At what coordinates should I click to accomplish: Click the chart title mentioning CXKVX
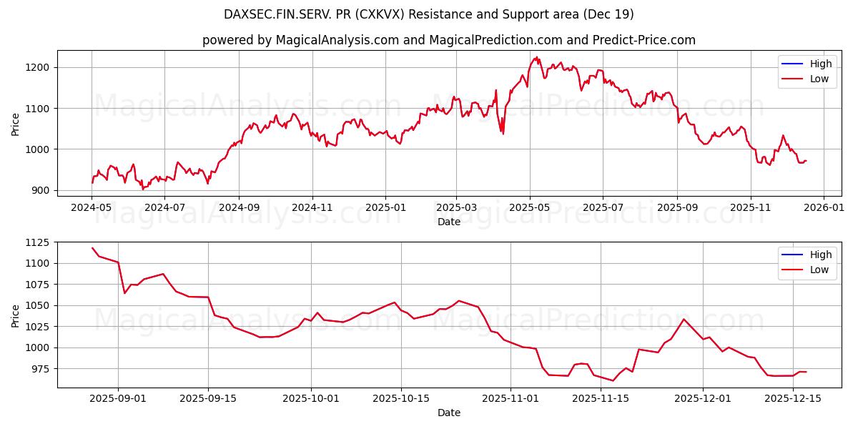[x=429, y=14]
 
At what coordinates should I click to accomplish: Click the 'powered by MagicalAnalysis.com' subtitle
[x=448, y=40]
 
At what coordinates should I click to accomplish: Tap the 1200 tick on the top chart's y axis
[x=40, y=67]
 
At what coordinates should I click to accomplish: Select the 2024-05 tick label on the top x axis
[x=92, y=208]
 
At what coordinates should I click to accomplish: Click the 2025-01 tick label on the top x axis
[x=385, y=208]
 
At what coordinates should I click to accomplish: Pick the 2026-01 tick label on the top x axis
[x=823, y=208]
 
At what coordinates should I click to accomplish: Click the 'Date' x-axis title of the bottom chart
[x=448, y=413]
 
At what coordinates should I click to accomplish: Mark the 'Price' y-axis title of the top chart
[x=16, y=124]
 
